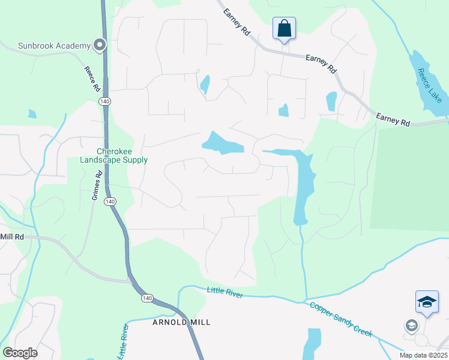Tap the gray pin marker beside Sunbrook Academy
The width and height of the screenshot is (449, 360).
pos(99,45)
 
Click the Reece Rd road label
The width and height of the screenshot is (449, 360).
pos(92,79)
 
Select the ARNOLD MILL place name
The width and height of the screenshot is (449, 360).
pos(181,322)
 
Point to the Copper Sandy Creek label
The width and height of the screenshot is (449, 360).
pos(340,319)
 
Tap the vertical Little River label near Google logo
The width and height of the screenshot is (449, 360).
pos(124,339)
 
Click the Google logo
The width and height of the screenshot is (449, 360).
pos(20,353)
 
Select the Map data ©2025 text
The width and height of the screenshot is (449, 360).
pos(423,355)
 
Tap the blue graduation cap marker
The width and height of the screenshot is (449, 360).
pos(427,302)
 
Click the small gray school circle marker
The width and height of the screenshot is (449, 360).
pos(411,326)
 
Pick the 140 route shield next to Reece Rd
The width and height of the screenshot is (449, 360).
pos(105,101)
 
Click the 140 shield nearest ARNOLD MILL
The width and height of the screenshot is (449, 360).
pos(147,298)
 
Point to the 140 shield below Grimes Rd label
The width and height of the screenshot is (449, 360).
pos(110,202)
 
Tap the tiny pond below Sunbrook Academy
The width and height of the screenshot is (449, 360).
pos(32,113)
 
